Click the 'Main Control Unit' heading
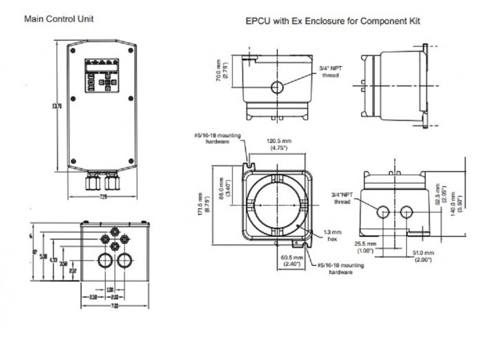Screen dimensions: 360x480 pyautogui.click(x=58, y=19)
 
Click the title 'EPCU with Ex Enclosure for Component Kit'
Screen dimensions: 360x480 pyautogui.click(x=333, y=21)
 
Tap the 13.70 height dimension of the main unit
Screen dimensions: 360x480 pyautogui.click(x=57, y=106)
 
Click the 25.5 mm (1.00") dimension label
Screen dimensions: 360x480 pyautogui.click(x=364, y=247)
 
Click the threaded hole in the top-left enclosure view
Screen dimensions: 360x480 pyautogui.click(x=277, y=88)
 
